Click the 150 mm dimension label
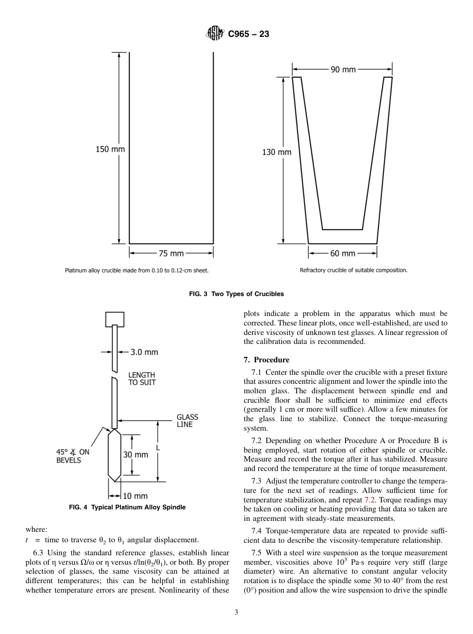110,149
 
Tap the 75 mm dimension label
171,253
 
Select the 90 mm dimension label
343,70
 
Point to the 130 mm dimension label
276,152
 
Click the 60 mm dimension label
343,253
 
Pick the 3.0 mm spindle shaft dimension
144,352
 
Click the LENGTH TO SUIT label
142,378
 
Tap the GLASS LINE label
187,421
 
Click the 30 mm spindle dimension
136,455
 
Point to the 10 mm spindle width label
135,496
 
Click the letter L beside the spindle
158,448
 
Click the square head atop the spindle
115,318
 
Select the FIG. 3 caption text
236,294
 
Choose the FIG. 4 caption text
127,507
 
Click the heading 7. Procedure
271,359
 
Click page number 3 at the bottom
236,612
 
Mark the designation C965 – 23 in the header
248,34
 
